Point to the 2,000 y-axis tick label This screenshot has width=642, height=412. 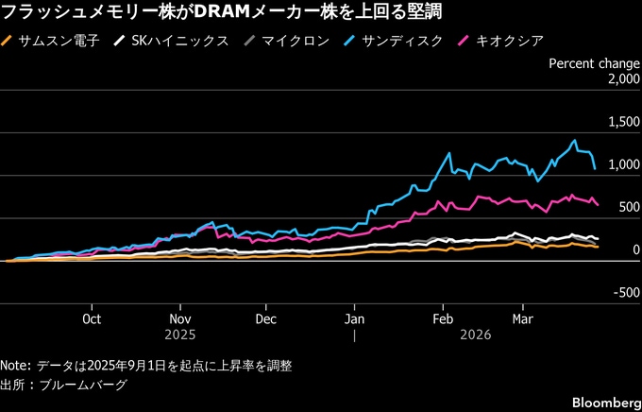tap(619, 80)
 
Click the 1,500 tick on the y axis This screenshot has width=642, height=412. tap(619, 123)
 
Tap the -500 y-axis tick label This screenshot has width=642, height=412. tap(624, 293)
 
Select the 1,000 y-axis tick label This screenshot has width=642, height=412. tap(619, 165)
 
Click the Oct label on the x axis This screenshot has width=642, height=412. tap(92, 319)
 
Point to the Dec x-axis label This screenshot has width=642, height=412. tap(266, 319)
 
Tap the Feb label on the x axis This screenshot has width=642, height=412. tap(441, 319)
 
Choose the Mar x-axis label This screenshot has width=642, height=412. tap(521, 319)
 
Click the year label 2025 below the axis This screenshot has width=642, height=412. tap(179, 335)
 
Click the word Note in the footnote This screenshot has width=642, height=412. tap(15, 366)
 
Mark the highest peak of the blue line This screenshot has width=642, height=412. tap(574, 141)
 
